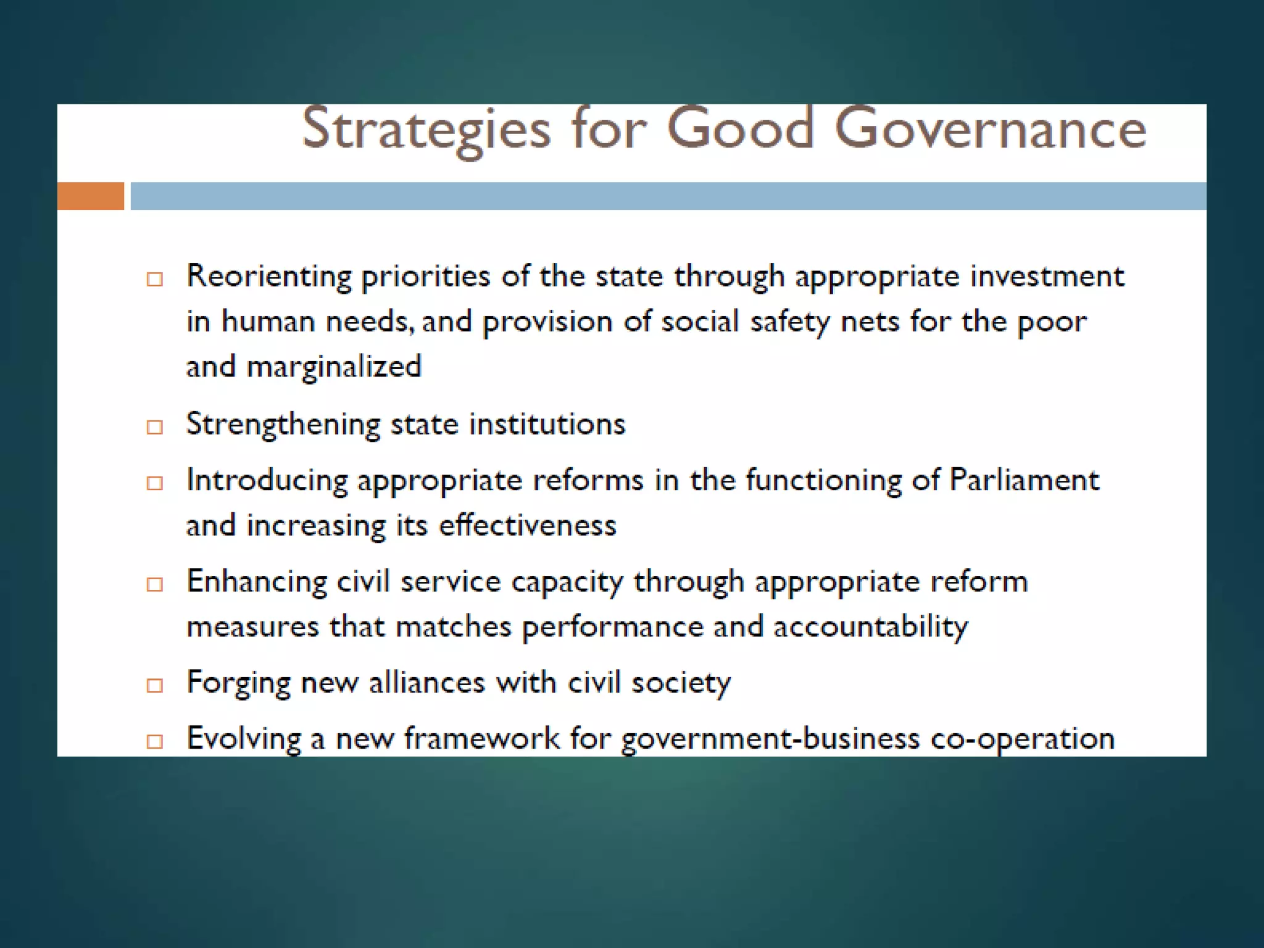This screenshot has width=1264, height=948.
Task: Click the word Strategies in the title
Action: click(426, 130)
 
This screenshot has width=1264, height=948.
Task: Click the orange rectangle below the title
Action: click(91, 196)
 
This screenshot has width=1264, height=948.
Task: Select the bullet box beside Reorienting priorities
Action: click(155, 280)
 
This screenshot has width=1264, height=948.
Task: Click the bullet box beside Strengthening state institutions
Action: click(155, 427)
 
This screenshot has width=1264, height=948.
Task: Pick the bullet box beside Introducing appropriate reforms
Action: click(155, 483)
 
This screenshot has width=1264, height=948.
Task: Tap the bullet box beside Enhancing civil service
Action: click(155, 584)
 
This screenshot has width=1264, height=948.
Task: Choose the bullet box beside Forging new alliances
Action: click(155, 686)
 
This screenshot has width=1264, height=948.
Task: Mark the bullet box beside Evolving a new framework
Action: click(155, 741)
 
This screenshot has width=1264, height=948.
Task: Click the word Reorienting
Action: click(268, 276)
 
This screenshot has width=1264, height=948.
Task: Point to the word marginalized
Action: click(334, 367)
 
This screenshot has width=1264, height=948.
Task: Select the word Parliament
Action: click(1024, 480)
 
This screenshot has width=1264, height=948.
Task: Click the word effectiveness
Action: click(527, 526)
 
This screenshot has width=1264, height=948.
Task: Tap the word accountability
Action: click(870, 628)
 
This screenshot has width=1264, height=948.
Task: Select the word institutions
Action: click(547, 425)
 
